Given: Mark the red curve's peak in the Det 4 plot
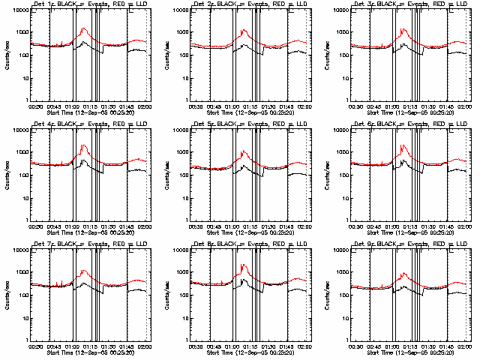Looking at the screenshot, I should (83, 145).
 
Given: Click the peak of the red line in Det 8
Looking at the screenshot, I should (244, 265).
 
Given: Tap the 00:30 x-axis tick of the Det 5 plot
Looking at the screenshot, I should (196, 226).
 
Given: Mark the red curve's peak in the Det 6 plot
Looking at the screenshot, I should (403, 145).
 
